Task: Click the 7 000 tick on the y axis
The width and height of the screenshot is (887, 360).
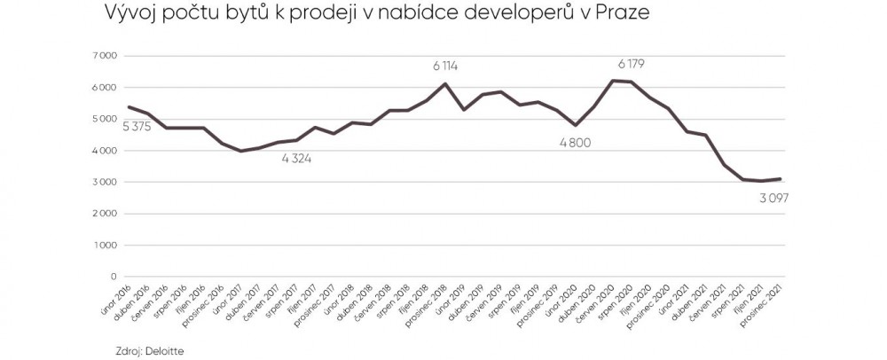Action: click(106, 56)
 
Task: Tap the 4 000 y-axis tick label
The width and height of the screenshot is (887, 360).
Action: click(106, 151)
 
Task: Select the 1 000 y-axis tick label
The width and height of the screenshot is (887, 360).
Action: click(106, 246)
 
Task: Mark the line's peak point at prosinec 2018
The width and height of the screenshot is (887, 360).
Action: click(445, 83)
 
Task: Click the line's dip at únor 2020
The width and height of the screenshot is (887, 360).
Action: click(576, 125)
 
